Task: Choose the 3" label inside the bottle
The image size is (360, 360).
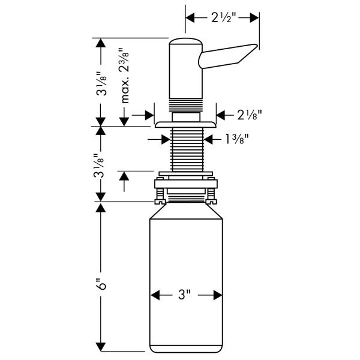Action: pyautogui.click(x=183, y=295)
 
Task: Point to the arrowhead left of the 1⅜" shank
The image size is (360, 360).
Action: pyautogui.click(x=166, y=139)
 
